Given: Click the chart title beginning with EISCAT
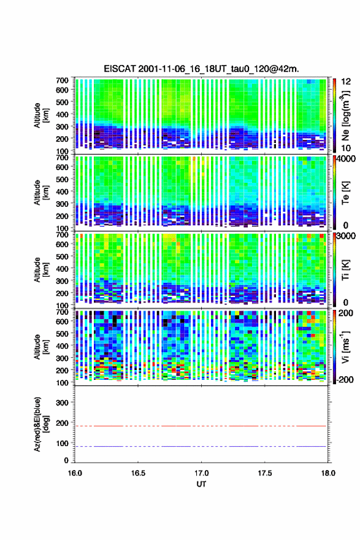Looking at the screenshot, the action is pyautogui.click(x=201, y=69).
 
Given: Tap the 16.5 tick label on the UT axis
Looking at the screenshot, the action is pyautogui.click(x=138, y=473).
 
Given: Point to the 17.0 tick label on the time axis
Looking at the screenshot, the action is pyautogui.click(x=201, y=473).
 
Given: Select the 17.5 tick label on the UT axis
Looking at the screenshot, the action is pyautogui.click(x=265, y=473).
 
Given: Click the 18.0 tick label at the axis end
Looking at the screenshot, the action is pyautogui.click(x=328, y=473).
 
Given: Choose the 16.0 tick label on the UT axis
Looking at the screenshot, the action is pyautogui.click(x=75, y=473).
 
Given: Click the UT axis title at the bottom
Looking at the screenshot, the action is pyautogui.click(x=201, y=484).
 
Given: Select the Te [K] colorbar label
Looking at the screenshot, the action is pyautogui.click(x=345, y=193).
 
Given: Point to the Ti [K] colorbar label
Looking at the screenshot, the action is pyautogui.click(x=345, y=270).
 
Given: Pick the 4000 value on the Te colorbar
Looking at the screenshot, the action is pyautogui.click(x=346, y=159).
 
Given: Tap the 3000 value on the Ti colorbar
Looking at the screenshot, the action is pyautogui.click(x=346, y=236).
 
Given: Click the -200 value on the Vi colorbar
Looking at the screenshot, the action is pyautogui.click(x=345, y=379).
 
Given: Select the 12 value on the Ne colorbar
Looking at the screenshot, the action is pyautogui.click(x=346, y=82).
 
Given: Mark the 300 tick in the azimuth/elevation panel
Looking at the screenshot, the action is pyautogui.click(x=63, y=403).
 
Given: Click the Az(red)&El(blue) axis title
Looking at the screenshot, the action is pyautogui.click(x=40, y=424).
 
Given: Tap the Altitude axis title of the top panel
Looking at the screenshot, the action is pyautogui.click(x=40, y=115).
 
